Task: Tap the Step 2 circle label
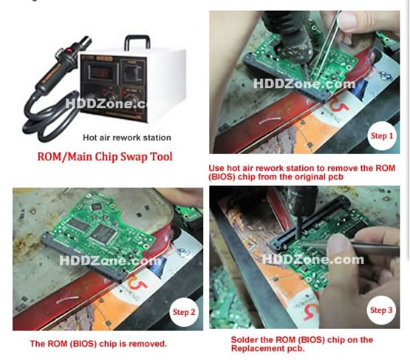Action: coord(184,311)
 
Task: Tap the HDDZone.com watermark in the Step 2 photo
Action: coord(109,261)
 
